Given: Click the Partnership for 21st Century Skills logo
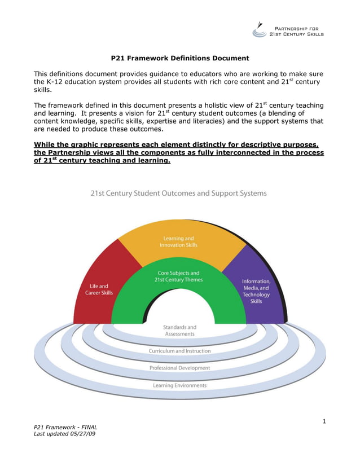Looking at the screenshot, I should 288,29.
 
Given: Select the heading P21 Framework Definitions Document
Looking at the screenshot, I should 180,58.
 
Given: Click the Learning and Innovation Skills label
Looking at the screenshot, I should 178,242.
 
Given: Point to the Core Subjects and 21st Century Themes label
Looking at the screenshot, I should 178,276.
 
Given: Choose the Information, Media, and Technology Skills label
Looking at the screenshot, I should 256,291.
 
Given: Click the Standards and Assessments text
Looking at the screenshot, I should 179,331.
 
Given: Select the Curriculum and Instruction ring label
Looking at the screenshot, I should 179,351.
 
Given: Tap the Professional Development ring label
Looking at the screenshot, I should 179,368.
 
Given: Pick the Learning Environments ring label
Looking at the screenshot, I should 179,386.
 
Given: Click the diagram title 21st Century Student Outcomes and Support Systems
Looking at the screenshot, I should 179,193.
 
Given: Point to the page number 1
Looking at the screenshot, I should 324,421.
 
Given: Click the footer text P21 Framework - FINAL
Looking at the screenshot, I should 65,428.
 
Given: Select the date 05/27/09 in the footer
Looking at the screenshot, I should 82,436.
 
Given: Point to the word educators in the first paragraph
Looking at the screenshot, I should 195,74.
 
